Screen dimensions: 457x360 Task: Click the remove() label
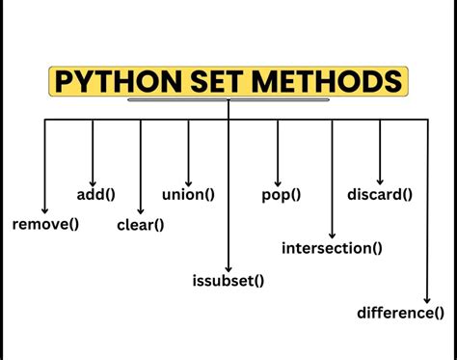coord(44,224)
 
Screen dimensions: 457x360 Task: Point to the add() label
coord(95,195)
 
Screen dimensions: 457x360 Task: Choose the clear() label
coord(140,225)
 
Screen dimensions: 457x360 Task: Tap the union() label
coord(188,195)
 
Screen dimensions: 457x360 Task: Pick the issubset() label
coord(228,281)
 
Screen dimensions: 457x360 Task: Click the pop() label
coord(281,195)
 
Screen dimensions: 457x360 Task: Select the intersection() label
coord(332,248)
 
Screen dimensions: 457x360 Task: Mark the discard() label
coord(380,195)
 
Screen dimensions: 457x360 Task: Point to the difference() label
coord(400,312)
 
